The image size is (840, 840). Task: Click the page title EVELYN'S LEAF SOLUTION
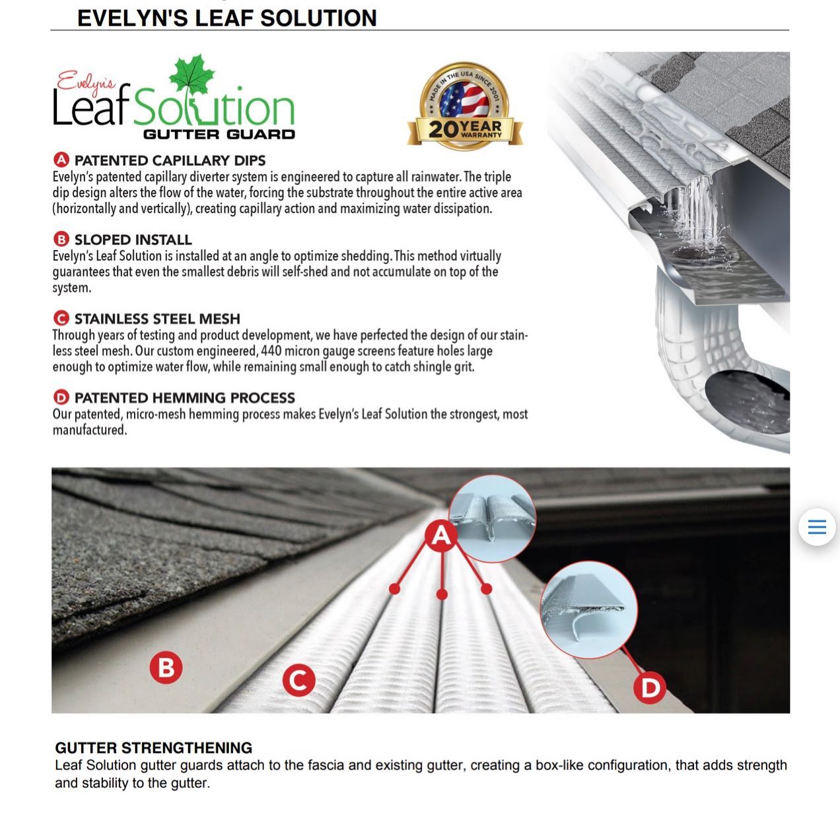[227, 18]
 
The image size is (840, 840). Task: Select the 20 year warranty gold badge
[466, 106]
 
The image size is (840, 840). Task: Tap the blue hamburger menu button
[817, 527]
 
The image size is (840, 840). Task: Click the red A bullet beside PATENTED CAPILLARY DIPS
[61, 160]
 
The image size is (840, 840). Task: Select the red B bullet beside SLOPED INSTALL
[61, 240]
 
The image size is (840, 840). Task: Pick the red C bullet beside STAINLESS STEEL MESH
[61, 319]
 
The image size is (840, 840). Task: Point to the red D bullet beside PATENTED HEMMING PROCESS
[61, 398]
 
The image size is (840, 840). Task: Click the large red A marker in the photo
[441, 536]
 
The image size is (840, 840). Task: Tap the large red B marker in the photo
[166, 668]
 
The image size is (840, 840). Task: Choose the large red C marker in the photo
[298, 680]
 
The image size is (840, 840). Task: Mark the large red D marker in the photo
[650, 688]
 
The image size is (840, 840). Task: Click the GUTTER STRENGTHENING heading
[153, 748]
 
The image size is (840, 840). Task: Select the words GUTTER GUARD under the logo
[219, 134]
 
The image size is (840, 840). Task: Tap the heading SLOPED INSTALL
[133, 240]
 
